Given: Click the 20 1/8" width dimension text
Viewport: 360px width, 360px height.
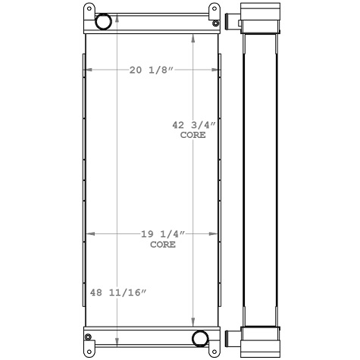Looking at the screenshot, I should point(152,70).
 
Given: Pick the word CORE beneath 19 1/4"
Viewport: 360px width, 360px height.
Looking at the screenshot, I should point(162,245).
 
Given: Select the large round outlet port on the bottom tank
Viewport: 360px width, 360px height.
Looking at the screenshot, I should point(200,337).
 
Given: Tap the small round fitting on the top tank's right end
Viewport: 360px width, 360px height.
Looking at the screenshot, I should point(218,23).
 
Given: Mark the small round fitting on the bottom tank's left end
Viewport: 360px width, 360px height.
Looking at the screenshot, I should point(89,337).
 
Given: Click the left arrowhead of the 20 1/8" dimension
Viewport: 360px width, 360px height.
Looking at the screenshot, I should point(88,70).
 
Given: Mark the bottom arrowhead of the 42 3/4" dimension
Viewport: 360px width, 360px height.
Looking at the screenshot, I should point(194,322).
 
